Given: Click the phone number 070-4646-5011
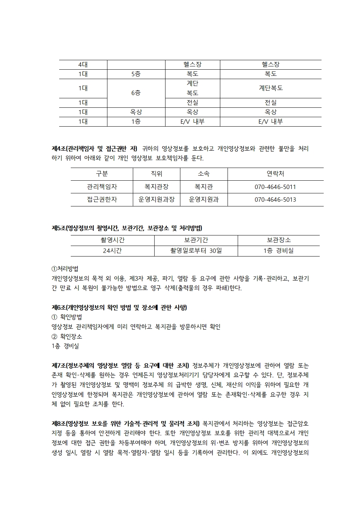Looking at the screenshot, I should pyautogui.click(x=275, y=187).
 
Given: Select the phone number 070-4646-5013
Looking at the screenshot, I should pyautogui.click(x=275, y=200).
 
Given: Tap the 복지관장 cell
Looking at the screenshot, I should pyautogui.click(x=156, y=187).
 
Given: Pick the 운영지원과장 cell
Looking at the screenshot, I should pyautogui.click(x=156, y=200).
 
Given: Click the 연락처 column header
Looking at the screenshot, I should pyautogui.click(x=275, y=174).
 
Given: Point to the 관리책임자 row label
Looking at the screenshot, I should pyautogui.click(x=102, y=187).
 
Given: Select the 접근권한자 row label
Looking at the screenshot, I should pyautogui.click(x=102, y=200).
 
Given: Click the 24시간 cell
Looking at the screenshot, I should pyautogui.click(x=112, y=251).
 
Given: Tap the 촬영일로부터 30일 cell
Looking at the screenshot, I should pyautogui.click(x=196, y=251).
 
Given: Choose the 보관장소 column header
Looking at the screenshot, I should pyautogui.click(x=279, y=240).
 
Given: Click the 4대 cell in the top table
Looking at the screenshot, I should pyautogui.click(x=83, y=65).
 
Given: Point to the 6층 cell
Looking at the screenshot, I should pyautogui.click(x=136, y=93).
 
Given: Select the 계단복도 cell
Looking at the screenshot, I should pyautogui.click(x=271, y=88).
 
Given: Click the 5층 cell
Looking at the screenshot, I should pyautogui.click(x=136, y=74).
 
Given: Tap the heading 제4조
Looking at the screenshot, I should pyautogui.click(x=94, y=148).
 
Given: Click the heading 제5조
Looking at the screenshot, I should pyautogui.click(x=127, y=228).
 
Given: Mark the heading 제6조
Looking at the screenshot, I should pyautogui.click(x=119, y=308).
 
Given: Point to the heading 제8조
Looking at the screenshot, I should pyautogui.click(x=126, y=423).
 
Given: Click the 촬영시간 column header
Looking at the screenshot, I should pyautogui.click(x=112, y=240).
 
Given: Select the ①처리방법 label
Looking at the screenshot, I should pyautogui.click(x=65, y=269).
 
